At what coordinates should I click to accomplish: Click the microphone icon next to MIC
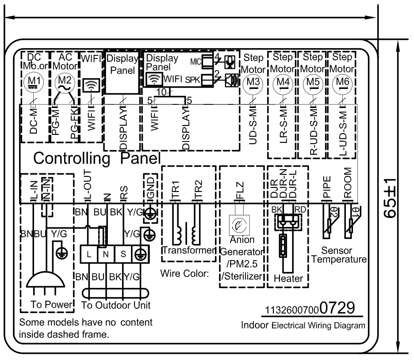coord(230,61)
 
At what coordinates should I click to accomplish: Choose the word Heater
coord(288,279)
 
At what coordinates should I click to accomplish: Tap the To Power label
coord(51,305)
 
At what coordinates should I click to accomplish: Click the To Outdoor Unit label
coord(116,305)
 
